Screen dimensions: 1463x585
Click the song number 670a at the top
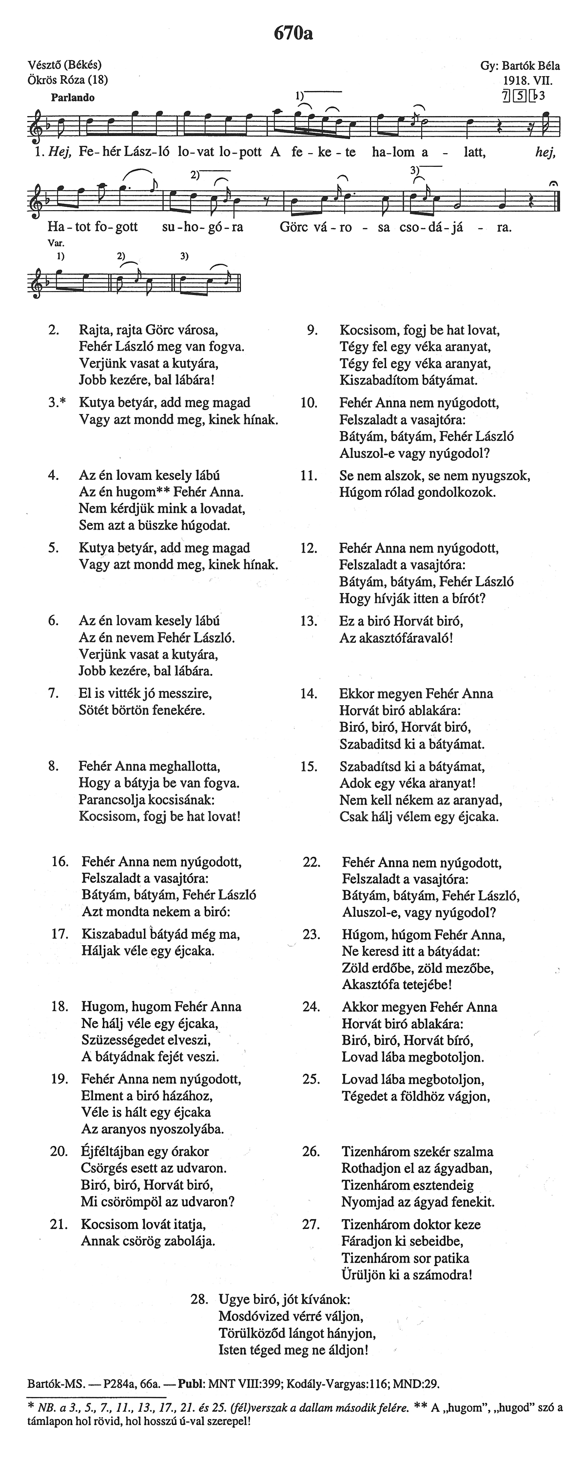[293, 34]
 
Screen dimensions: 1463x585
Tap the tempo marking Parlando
[73, 98]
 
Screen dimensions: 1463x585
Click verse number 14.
[309, 693]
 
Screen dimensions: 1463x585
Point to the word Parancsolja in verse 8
[111, 800]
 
